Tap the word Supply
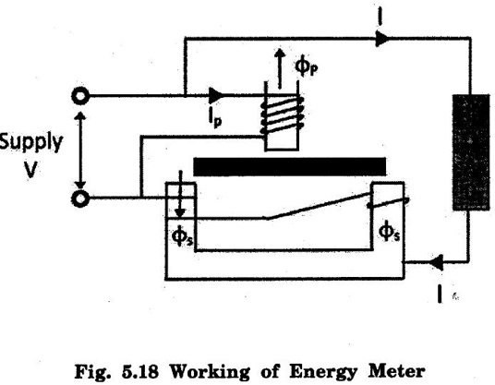click(31, 143)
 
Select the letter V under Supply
click(31, 170)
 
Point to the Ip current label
click(214, 120)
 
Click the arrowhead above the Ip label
click(216, 95)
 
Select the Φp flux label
click(307, 66)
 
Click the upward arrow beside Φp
click(280, 68)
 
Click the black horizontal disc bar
click(289, 166)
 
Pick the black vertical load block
click(471, 152)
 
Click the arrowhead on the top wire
click(382, 39)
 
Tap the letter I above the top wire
click(380, 17)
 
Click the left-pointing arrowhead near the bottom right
click(436, 262)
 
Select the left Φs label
click(182, 236)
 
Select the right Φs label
click(389, 232)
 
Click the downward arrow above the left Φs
click(180, 194)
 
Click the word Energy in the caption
click(323, 372)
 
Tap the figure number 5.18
click(139, 371)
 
